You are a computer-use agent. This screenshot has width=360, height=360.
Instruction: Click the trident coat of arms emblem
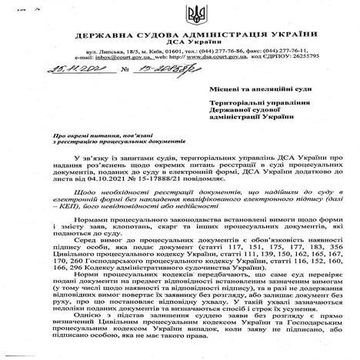click(179, 16)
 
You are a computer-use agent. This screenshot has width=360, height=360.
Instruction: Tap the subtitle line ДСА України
click(179, 46)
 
